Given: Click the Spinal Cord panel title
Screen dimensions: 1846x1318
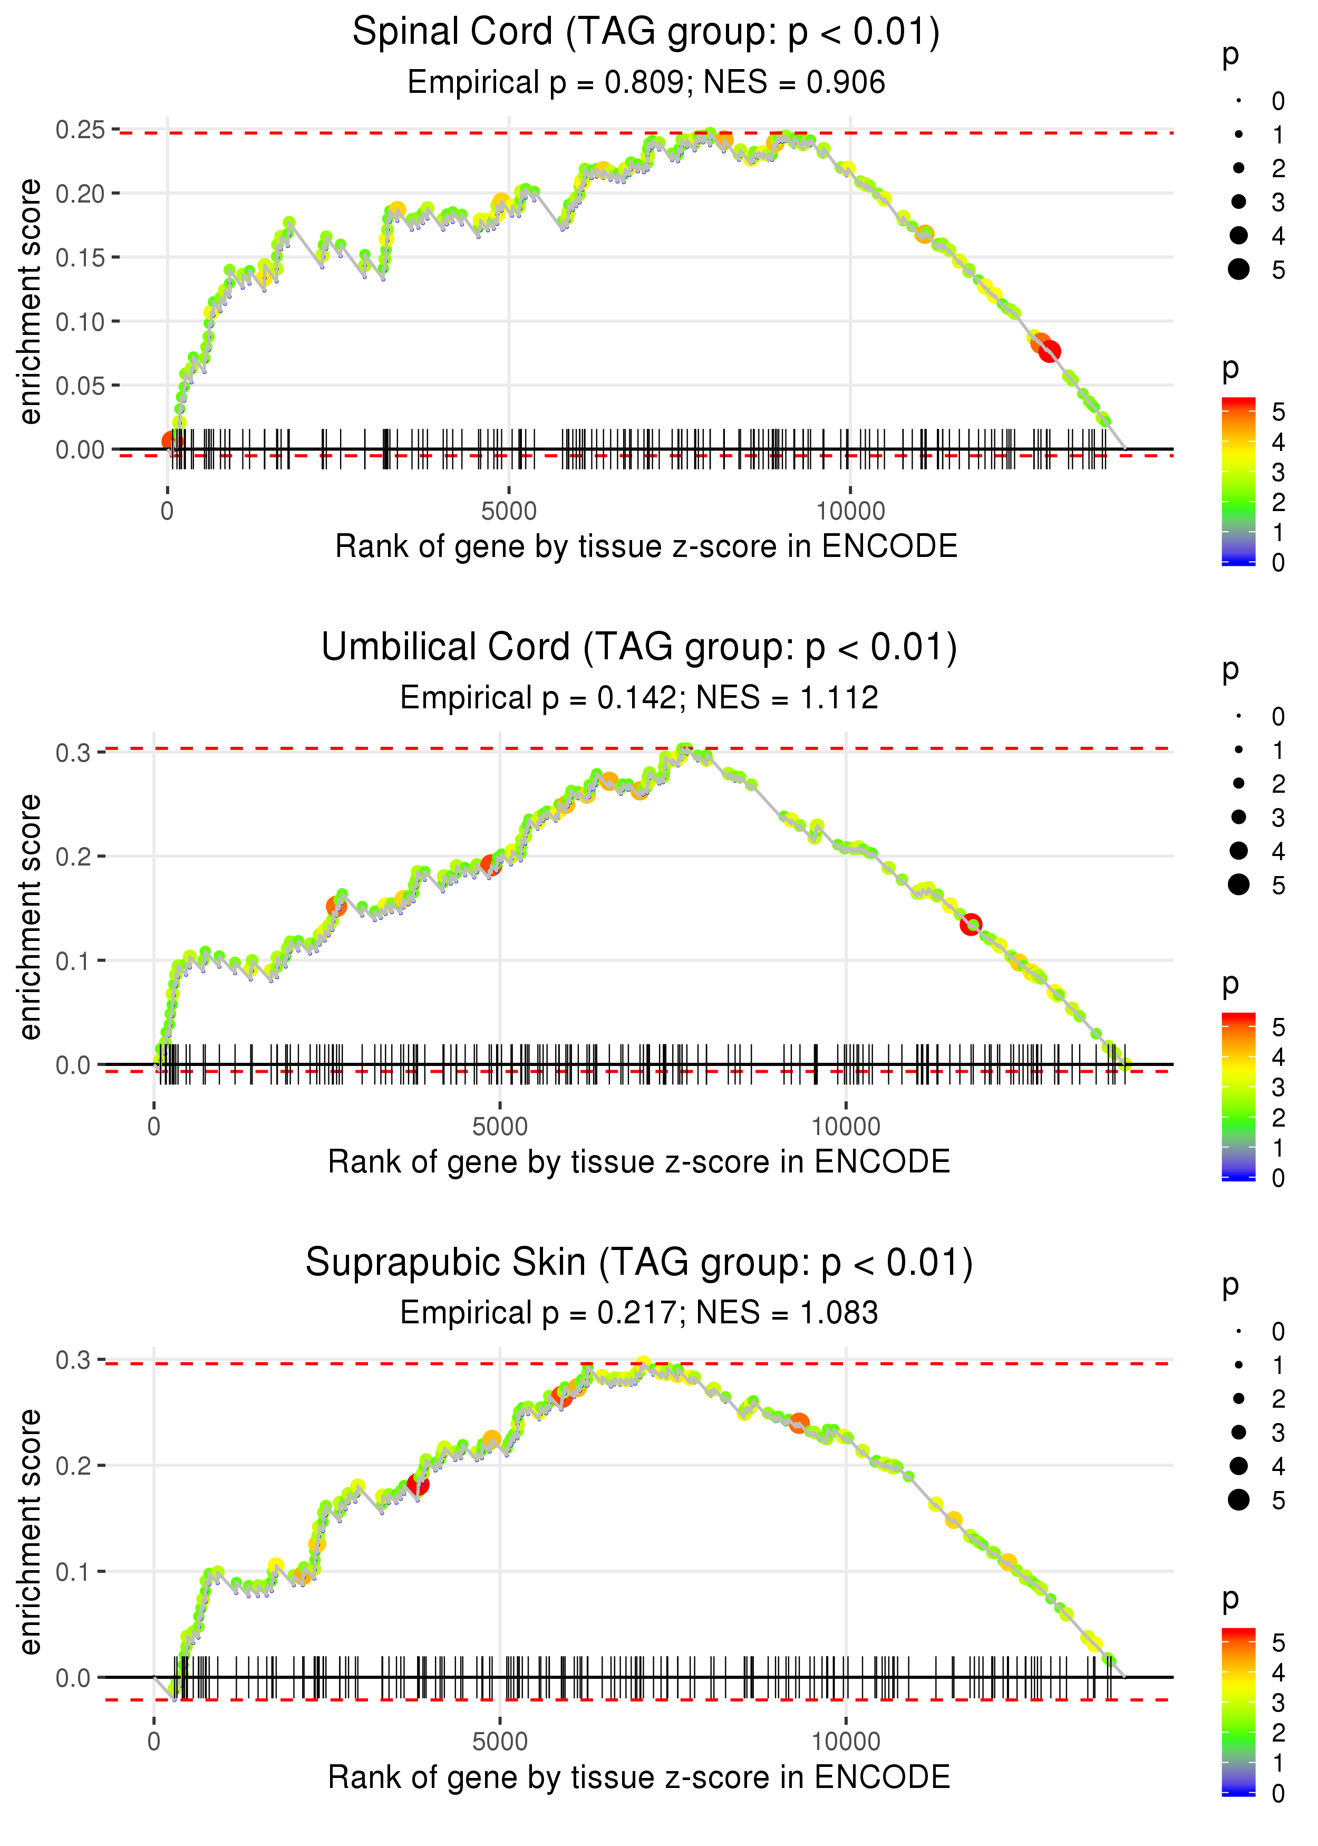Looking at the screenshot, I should point(645,33).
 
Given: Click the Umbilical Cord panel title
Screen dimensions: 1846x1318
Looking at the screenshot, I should point(639,648).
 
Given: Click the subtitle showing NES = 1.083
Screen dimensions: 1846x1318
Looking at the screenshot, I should point(639,1313).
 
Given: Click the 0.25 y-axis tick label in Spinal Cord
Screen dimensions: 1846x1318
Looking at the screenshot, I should point(80,130).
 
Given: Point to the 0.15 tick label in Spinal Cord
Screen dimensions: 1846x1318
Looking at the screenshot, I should point(80,258).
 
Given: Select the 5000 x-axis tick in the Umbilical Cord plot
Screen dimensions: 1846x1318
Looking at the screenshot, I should point(499,1127).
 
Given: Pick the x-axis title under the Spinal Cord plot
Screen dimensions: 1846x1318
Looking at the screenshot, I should point(645,547).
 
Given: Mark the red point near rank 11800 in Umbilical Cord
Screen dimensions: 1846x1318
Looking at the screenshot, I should point(971,925).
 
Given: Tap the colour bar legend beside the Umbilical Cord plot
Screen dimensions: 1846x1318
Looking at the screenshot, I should point(1238,1096).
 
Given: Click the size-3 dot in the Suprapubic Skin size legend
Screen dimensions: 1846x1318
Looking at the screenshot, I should point(1238,1432).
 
